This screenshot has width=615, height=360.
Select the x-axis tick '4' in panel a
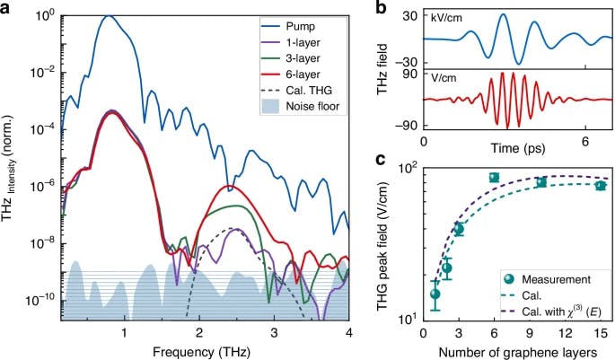coord(348,329)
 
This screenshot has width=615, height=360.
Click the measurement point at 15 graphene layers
coord(601,185)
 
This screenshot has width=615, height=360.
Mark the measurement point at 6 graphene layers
coord(494,178)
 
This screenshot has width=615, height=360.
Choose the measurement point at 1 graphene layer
coord(435,294)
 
